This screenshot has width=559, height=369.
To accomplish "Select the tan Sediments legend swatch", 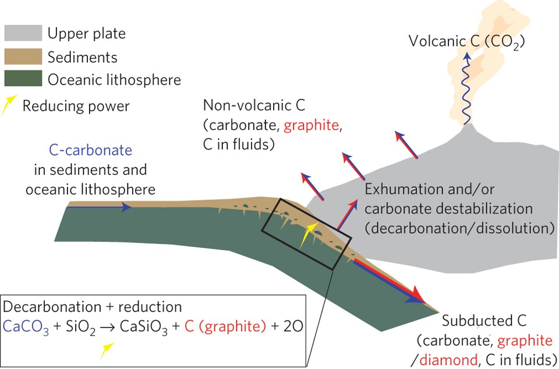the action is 23,57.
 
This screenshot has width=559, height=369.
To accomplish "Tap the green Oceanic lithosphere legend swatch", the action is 23,79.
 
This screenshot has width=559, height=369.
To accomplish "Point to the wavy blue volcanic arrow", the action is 466,87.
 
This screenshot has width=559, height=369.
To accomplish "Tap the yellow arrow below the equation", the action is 107,349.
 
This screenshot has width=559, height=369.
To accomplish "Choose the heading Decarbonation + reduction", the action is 93,307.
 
